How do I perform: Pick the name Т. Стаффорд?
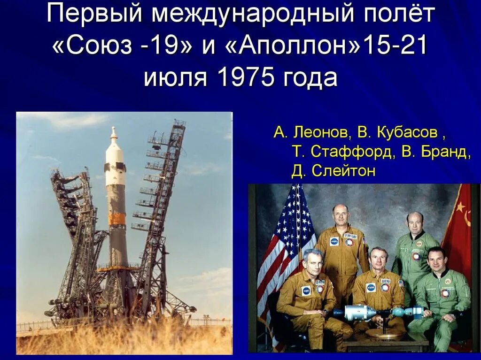click(x=342, y=152)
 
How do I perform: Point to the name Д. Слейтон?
click(x=333, y=171)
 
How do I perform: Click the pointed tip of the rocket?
click(x=113, y=129)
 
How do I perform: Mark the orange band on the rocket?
click(x=117, y=219)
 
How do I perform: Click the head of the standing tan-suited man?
click(x=341, y=214)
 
